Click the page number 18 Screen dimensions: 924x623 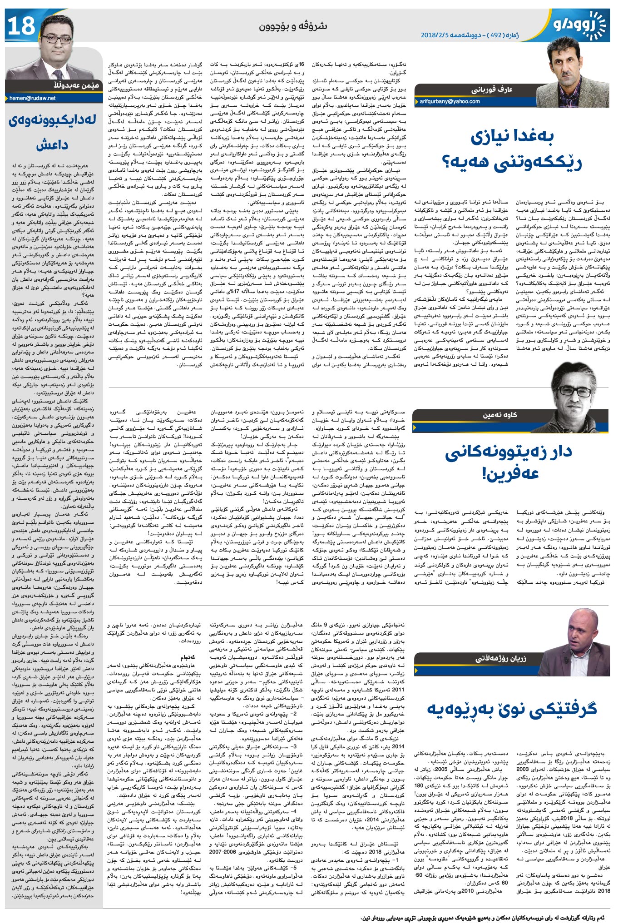pos(21,26)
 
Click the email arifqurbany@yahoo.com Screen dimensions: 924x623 pos(450,101)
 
